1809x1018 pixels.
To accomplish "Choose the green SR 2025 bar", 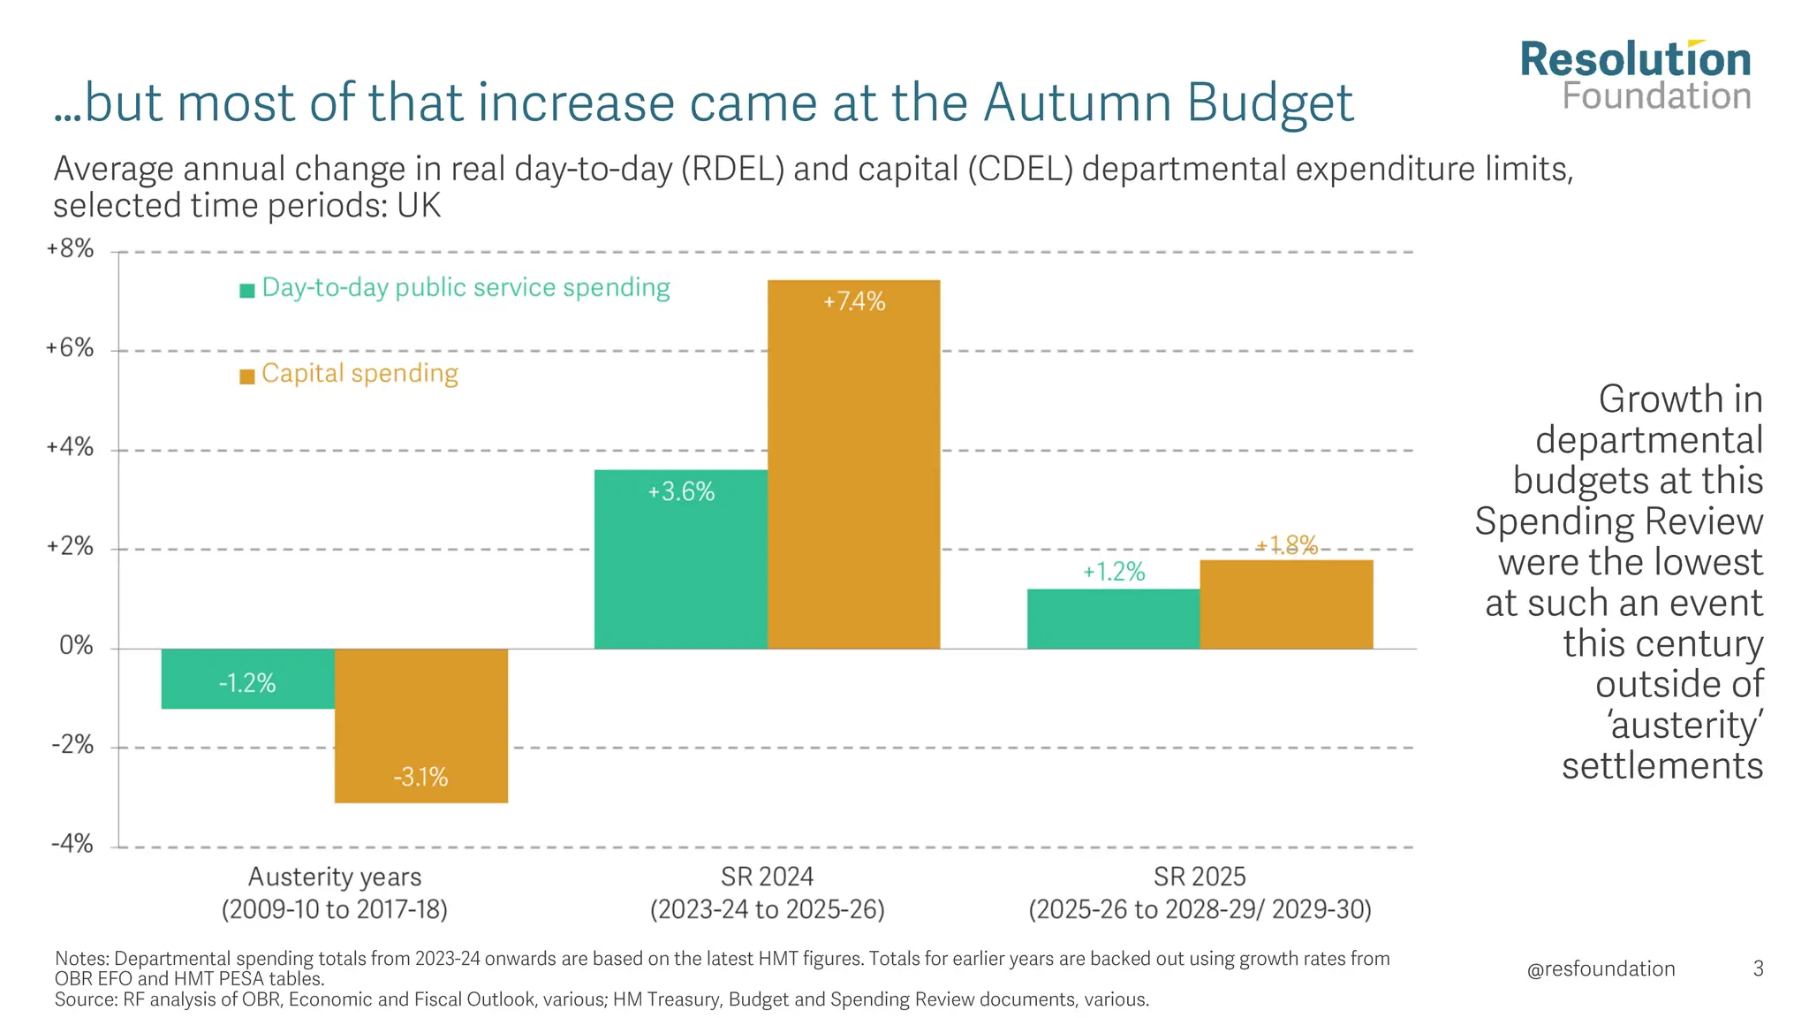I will click(x=1113, y=619).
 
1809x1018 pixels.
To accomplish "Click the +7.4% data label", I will click(x=854, y=302).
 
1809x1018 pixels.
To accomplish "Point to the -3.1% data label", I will click(x=420, y=778).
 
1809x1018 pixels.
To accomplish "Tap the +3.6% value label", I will click(x=681, y=492).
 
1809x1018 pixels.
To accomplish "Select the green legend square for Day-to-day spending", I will click(x=247, y=290).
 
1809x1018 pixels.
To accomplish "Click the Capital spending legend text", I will click(x=360, y=374).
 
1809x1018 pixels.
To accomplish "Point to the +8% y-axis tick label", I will click(x=70, y=249).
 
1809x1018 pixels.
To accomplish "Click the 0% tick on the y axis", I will click(x=76, y=646).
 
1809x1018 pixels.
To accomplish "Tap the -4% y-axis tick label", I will click(x=72, y=844).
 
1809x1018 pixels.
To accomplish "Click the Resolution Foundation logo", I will click(x=1635, y=77).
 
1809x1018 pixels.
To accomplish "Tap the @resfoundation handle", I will click(x=1601, y=969).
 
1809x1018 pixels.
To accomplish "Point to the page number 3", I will click(x=1758, y=969).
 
